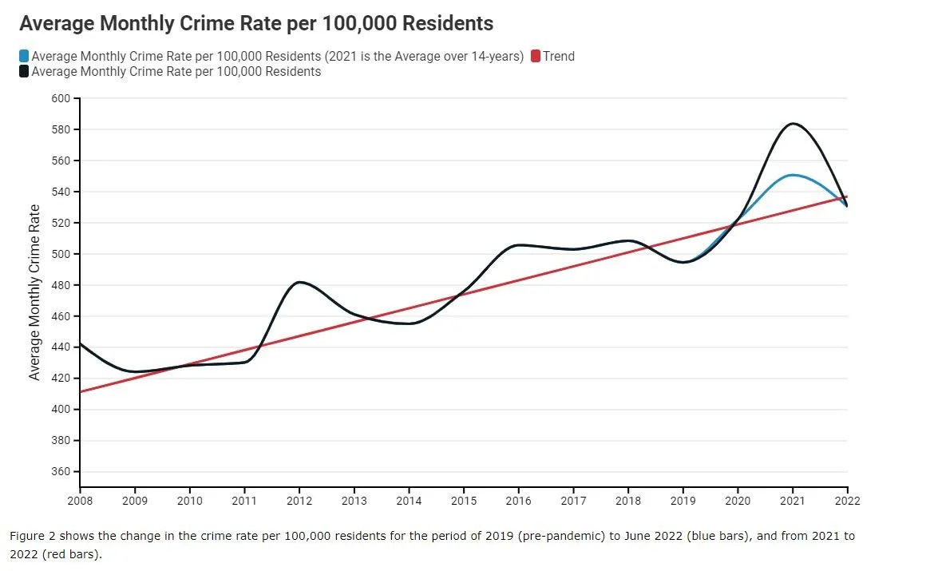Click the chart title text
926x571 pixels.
click(256, 23)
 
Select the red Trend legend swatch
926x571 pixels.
click(536, 57)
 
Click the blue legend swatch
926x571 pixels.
click(24, 57)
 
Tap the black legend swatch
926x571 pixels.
click(24, 72)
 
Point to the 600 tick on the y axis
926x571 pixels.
click(61, 98)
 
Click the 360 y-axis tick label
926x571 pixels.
click(61, 472)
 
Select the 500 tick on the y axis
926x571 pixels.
click(61, 254)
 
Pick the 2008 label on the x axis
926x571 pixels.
click(80, 501)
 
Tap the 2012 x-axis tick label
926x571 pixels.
click(299, 501)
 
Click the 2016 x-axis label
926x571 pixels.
click(518, 501)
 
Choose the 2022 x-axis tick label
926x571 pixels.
click(847, 501)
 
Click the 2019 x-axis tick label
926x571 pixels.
click(683, 501)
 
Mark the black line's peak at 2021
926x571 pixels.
click(792, 124)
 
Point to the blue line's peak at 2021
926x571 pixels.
click(792, 175)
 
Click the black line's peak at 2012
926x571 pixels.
click(299, 282)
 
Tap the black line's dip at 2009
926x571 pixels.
click(135, 371)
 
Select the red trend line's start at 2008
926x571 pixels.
click(81, 391)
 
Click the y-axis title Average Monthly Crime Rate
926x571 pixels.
click(34, 292)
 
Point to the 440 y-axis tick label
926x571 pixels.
click(61, 347)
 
